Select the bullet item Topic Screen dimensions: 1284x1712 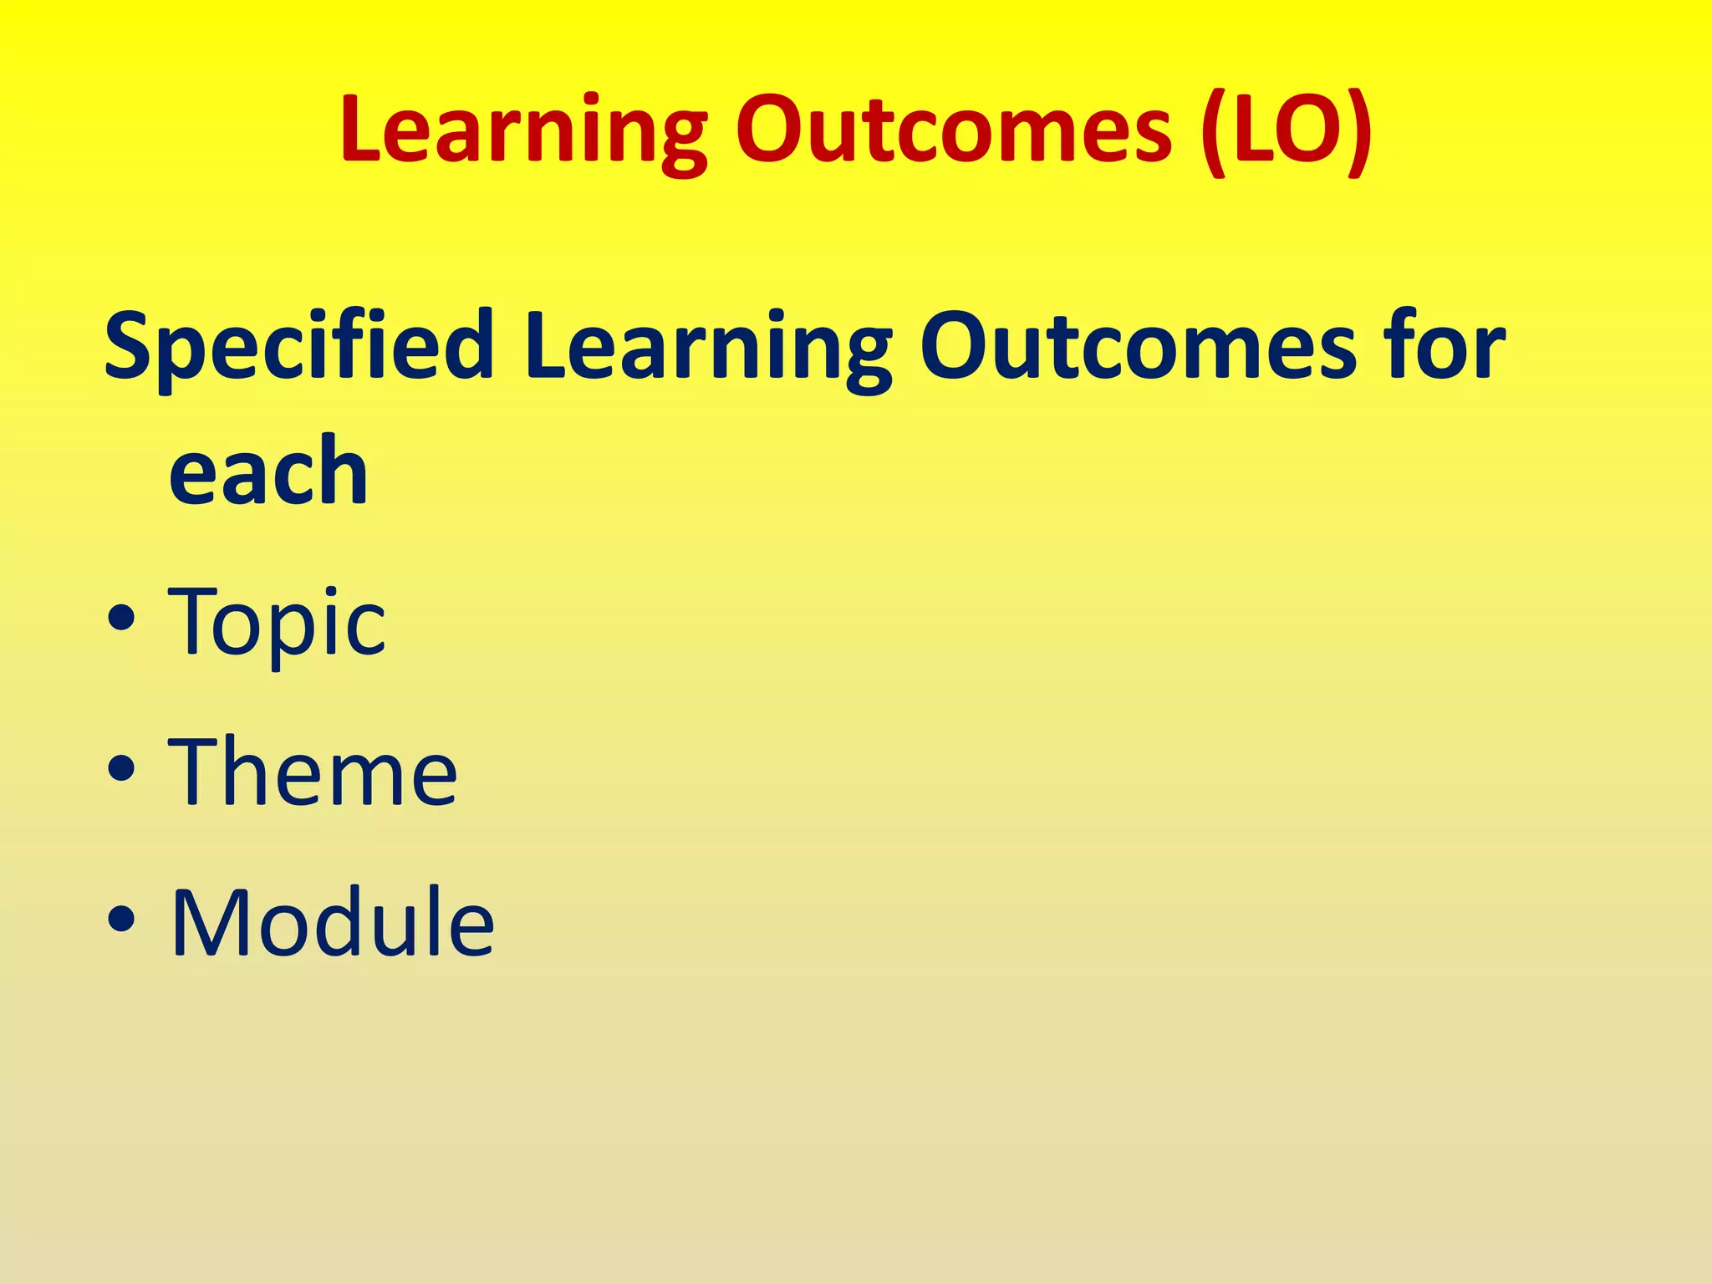[277, 623]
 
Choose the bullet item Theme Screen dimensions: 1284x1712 [313, 772]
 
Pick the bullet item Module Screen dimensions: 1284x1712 [333, 923]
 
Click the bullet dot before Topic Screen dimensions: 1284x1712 [121, 620]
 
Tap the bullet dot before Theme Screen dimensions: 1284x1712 [121, 770]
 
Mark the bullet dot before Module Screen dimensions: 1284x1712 [121, 920]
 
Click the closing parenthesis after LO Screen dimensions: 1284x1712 [1358, 134]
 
